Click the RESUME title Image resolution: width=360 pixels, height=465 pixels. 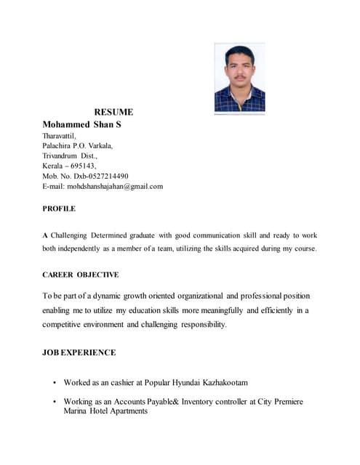tap(113, 112)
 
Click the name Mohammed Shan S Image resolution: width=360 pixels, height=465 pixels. tap(81, 124)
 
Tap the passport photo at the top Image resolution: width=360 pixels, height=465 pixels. tap(239, 78)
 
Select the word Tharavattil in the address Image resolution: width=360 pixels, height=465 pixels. tap(58, 135)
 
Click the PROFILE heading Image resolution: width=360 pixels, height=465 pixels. tap(59, 209)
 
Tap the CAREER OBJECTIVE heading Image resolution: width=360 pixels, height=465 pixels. tap(80, 275)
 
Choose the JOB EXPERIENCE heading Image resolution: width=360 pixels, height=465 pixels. tap(79, 352)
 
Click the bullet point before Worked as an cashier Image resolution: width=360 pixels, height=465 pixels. tap(55, 382)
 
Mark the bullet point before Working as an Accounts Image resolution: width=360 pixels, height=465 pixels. tap(55, 402)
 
